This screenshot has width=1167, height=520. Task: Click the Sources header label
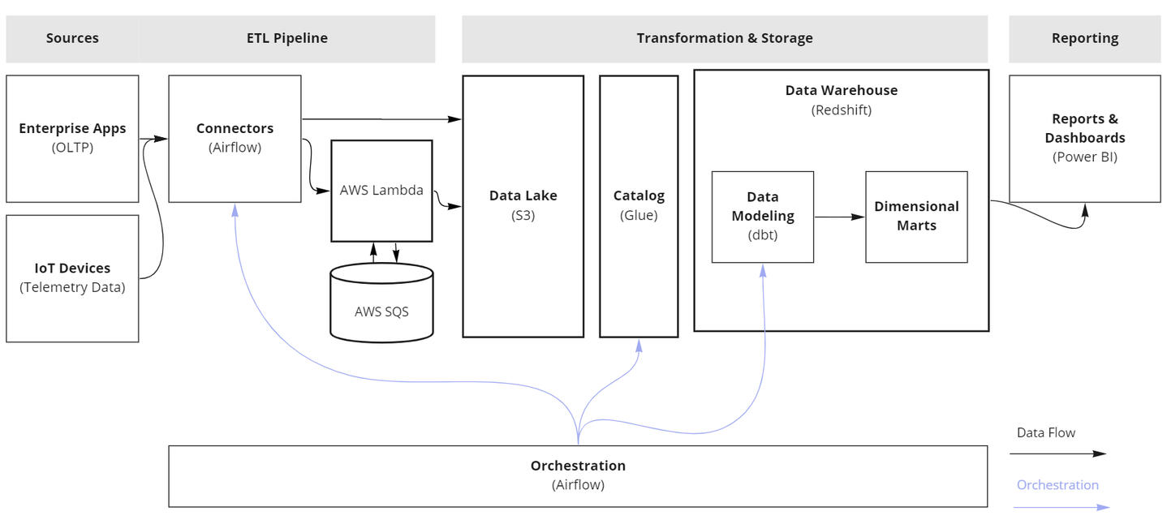pos(72,38)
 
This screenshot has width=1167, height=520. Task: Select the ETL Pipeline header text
pos(287,38)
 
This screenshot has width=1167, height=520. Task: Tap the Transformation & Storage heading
pos(724,38)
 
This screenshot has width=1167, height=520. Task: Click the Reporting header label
pos(1084,38)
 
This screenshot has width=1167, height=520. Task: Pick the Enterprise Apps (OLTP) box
pos(72,138)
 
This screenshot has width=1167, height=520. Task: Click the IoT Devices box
pos(72,277)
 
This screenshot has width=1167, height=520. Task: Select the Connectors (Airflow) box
pos(235,138)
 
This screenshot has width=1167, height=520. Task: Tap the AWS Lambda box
pos(381,191)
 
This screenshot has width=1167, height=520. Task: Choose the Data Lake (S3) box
pos(523,206)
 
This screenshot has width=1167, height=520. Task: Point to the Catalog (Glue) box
pos(639,206)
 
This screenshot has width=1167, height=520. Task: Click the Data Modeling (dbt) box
pos(762,217)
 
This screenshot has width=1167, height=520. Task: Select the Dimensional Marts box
pos(916,217)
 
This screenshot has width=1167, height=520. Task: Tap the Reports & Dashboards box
pos(1084,138)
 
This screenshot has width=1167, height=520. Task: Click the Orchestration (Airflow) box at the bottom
pos(578,475)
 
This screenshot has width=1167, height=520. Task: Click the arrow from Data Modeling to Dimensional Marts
pos(839,217)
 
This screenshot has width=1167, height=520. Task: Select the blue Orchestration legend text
pos(1057,485)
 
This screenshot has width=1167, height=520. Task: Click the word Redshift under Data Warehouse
pos(842,110)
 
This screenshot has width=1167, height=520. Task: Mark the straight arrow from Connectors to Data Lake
pos(381,119)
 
